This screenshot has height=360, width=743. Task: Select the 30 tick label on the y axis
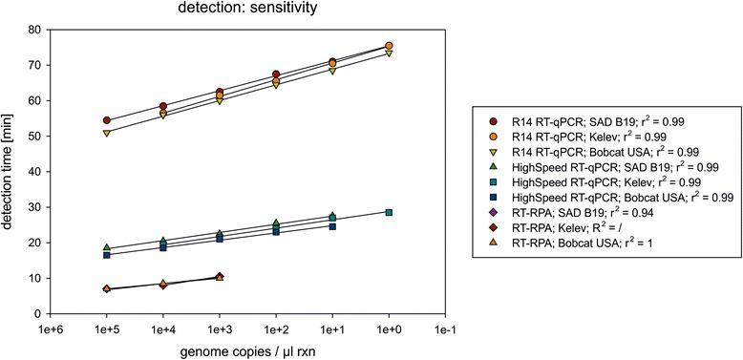coord(36,207)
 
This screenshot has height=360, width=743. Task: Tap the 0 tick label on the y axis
coord(39,314)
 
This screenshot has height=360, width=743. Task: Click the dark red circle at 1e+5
coord(107,121)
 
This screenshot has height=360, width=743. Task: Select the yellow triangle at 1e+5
coord(107,133)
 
